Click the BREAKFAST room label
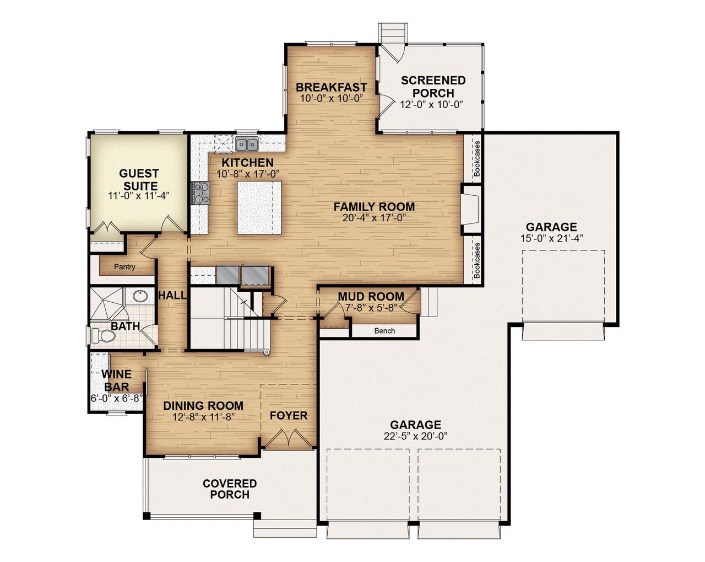coord(331,87)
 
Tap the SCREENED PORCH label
coord(433,87)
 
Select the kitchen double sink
coord(246,144)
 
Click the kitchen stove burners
coord(200,193)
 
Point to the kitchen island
coord(259,207)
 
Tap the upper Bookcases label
coord(477,158)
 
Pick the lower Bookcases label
coord(477,260)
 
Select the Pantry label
coord(124,267)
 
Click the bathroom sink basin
coord(139,296)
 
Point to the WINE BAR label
coord(116,381)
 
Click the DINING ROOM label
coord(203,406)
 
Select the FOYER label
coord(288,416)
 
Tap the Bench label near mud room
coord(384,331)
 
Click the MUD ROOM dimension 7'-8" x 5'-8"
coord(371,308)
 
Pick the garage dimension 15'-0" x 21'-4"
coord(551,238)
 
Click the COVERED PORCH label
coord(230,489)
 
